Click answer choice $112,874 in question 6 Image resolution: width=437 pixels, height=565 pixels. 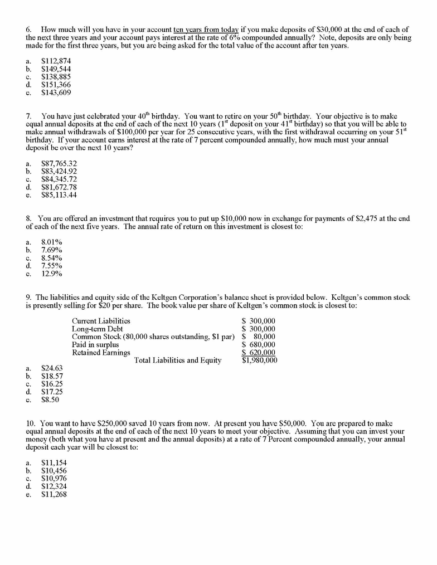point(56,61)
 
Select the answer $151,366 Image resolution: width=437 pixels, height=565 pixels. point(56,85)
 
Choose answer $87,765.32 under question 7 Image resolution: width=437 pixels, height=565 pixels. point(59,163)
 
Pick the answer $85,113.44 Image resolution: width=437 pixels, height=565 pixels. point(59,195)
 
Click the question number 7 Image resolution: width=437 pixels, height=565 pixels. point(28,116)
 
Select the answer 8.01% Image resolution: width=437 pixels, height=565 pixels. point(52,242)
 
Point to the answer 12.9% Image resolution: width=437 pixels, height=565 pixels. point(52,274)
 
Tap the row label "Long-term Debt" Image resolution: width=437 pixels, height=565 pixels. point(97,329)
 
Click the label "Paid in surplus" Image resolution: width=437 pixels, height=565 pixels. point(95,344)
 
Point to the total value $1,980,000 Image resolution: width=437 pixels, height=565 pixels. point(259,361)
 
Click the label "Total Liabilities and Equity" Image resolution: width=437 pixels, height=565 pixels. point(178,361)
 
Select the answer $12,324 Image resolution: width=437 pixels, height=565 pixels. point(54,486)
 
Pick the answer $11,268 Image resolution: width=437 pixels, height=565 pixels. point(54,494)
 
